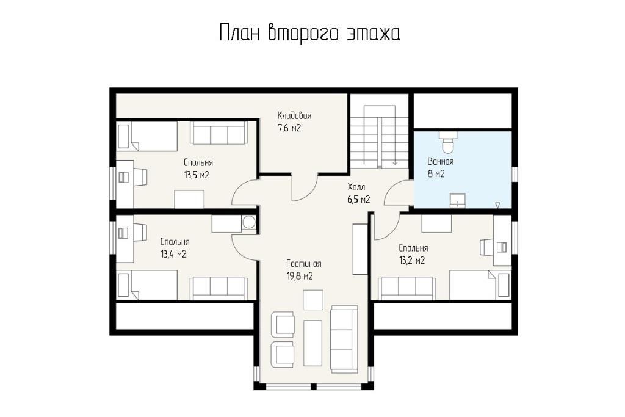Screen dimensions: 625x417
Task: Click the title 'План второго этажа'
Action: point(309,33)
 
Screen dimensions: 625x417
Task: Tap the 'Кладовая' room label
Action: point(294,115)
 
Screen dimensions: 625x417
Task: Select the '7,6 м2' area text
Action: point(289,128)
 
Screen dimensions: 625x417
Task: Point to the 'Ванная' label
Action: point(440,161)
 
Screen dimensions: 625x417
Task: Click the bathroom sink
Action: point(458,200)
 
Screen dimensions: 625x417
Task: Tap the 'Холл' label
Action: point(356,187)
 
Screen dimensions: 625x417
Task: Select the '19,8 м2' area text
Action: point(299,276)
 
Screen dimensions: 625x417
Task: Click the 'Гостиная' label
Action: point(304,264)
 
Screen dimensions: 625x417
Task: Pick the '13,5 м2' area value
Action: point(197,175)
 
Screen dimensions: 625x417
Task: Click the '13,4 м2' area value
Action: point(173,254)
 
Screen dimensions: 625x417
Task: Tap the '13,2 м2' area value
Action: point(412,260)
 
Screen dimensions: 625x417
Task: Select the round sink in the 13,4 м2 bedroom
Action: point(249,222)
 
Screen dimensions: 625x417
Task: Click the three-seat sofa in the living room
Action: point(344,339)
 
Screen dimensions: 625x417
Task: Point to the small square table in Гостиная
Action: point(313,300)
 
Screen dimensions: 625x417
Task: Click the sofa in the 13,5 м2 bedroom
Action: point(218,132)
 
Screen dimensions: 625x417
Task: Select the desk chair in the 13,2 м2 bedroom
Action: point(487,247)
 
